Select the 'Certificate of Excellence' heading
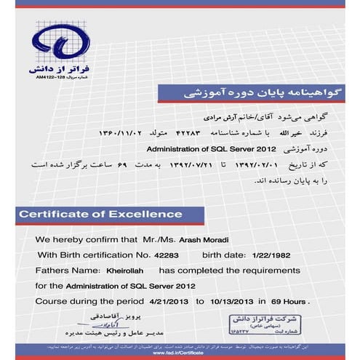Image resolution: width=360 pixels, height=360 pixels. click(100, 214)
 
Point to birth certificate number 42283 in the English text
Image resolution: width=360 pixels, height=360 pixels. click(165, 255)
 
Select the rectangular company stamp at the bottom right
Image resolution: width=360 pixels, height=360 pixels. click(260, 324)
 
